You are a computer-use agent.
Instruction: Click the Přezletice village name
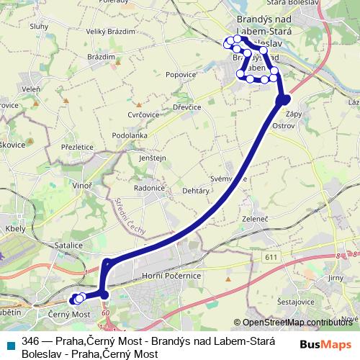77,145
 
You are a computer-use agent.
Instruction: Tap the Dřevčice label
186,107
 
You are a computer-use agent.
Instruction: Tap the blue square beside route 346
10,343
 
